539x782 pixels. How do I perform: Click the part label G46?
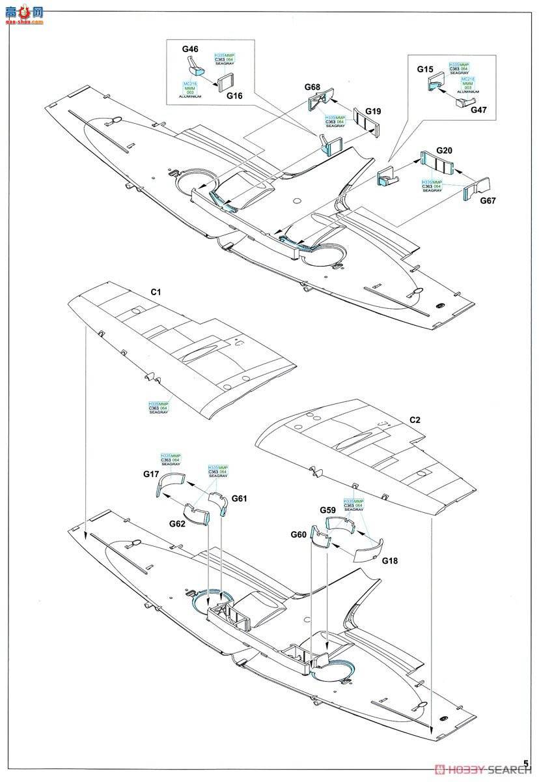(x=190, y=49)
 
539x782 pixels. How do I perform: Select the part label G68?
(x=312, y=87)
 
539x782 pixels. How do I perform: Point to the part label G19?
(x=372, y=111)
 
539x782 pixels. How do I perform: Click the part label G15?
(x=425, y=69)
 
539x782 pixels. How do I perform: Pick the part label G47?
(x=478, y=110)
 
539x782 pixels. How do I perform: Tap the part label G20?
(x=444, y=150)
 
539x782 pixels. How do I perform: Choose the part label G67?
(x=488, y=201)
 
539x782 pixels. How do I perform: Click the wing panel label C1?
(x=156, y=293)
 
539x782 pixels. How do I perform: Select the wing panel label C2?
(x=414, y=420)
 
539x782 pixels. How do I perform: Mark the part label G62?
(x=178, y=523)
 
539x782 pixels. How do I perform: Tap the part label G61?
(x=240, y=499)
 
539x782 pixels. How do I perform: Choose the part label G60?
(x=299, y=534)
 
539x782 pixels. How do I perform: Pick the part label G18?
(x=390, y=560)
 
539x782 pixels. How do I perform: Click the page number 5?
(x=525, y=764)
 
